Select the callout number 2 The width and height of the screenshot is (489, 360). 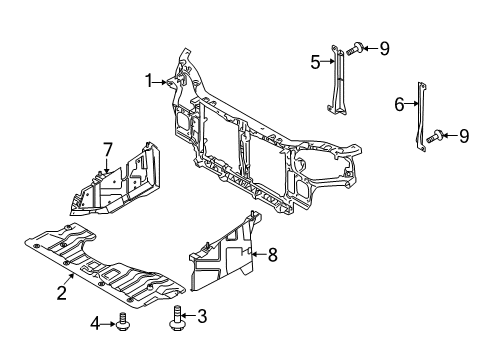(62, 293)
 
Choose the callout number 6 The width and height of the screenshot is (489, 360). (398, 102)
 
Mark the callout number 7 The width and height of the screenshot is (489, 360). (107, 150)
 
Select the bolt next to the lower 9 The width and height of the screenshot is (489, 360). (437, 136)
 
